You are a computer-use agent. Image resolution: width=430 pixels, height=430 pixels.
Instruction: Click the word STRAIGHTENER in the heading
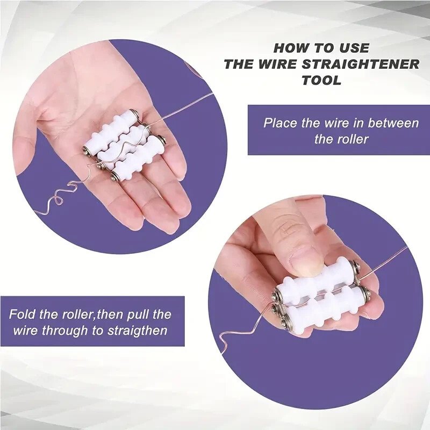[361, 64]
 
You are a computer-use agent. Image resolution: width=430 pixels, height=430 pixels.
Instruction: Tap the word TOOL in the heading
[321, 81]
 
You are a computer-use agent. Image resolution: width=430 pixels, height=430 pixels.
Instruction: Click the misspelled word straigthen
[137, 331]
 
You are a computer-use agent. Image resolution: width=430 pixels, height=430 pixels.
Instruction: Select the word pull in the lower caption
[138, 314]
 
